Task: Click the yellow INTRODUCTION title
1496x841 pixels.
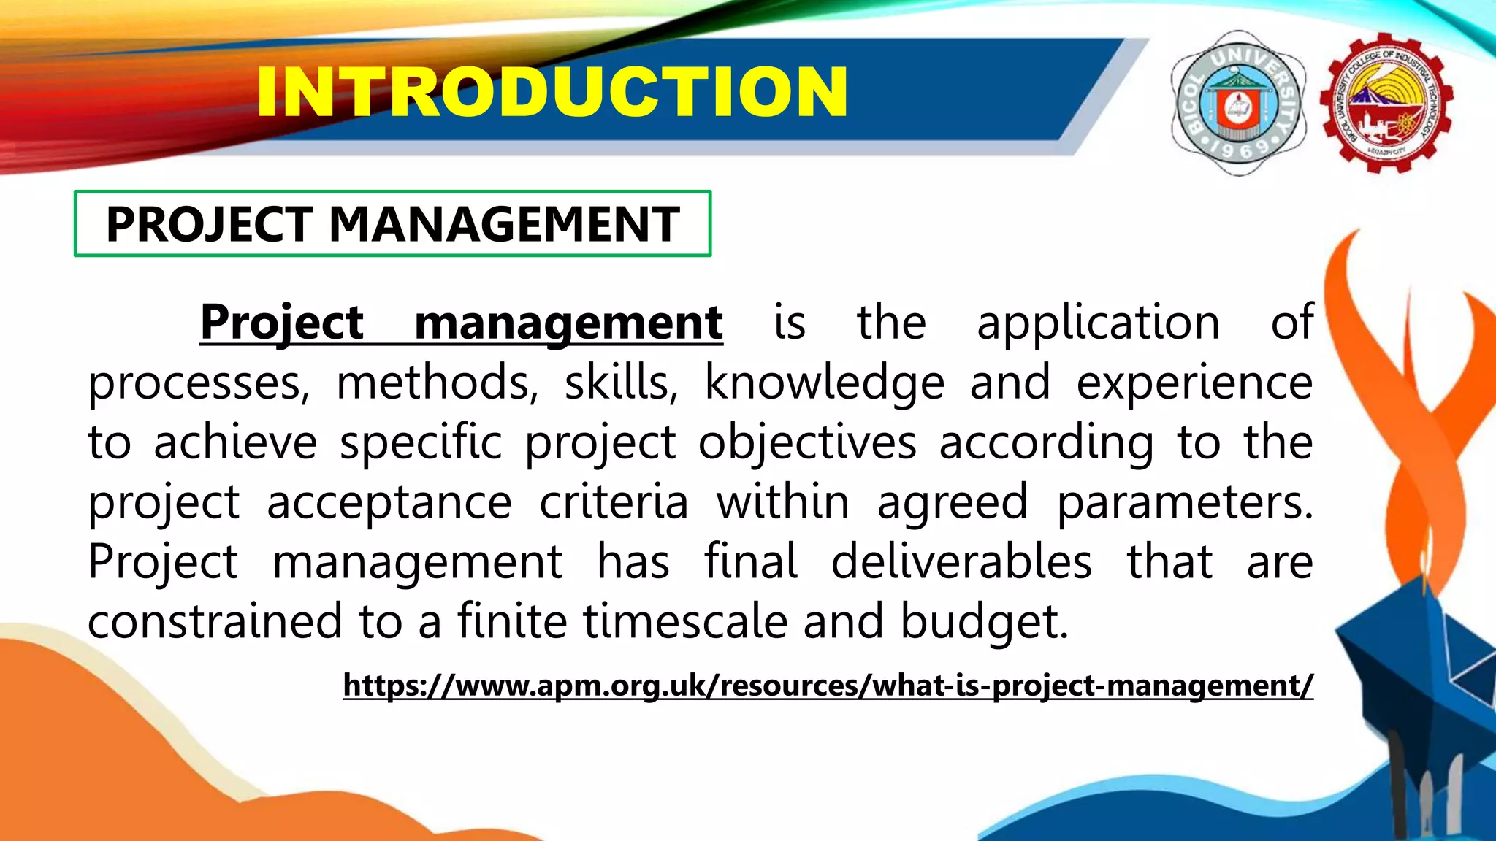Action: pyautogui.click(x=552, y=92)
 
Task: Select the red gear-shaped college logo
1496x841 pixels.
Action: pyautogui.click(x=1386, y=102)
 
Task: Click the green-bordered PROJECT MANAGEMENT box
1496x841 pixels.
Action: pyautogui.click(x=393, y=223)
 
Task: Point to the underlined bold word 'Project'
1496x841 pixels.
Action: pyautogui.click(x=282, y=322)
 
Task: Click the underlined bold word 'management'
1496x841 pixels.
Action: pyautogui.click(x=568, y=322)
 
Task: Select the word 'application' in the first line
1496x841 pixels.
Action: pyautogui.click(x=1098, y=322)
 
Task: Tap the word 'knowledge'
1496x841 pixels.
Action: pyautogui.click(x=824, y=382)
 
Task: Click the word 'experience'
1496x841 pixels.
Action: pyautogui.click(x=1194, y=382)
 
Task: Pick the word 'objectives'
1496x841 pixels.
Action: pyautogui.click(x=806, y=442)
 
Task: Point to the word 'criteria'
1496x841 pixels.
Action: pyautogui.click(x=614, y=502)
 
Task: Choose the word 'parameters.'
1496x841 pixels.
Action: pyautogui.click(x=1184, y=502)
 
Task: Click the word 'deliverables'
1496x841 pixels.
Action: pyautogui.click(x=961, y=561)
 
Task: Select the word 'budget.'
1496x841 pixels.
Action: pyautogui.click(x=984, y=621)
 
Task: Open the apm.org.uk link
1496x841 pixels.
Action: pyautogui.click(x=828, y=686)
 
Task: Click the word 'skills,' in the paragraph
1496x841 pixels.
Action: pyautogui.click(x=620, y=382)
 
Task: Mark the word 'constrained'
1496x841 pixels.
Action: pyautogui.click(x=215, y=621)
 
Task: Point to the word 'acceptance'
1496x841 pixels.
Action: pyautogui.click(x=389, y=502)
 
